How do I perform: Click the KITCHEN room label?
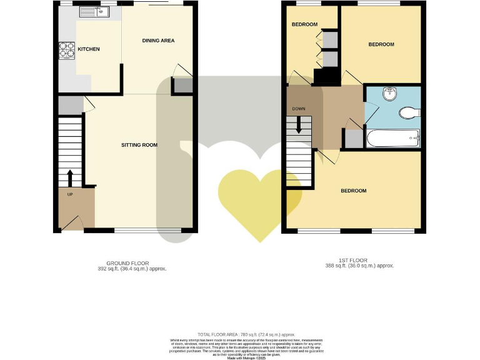89,49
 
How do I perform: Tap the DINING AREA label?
158,41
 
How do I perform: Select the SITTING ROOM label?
139,145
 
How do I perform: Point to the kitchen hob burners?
66,49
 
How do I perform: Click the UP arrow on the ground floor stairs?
69,177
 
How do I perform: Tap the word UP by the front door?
70,195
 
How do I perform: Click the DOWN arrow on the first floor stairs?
299,126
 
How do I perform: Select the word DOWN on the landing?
298,109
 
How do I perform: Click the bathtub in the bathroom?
392,138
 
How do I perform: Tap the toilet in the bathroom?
409,112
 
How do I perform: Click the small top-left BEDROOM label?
304,24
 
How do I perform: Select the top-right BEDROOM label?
381,44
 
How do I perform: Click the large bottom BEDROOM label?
353,191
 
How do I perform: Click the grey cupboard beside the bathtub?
353,138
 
